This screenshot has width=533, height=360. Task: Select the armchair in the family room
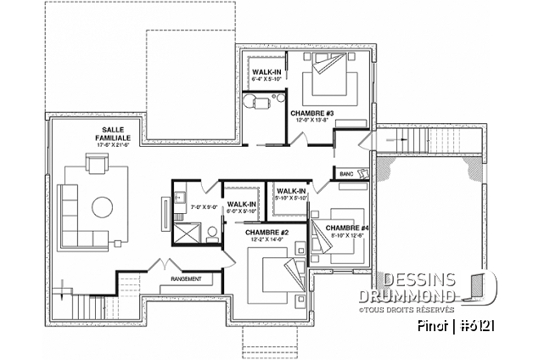(x=93, y=164)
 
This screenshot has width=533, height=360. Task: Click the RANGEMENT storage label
(x=186, y=278)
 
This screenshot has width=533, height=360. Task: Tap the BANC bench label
(x=345, y=173)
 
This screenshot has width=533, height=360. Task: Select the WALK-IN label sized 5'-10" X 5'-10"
(x=291, y=193)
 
